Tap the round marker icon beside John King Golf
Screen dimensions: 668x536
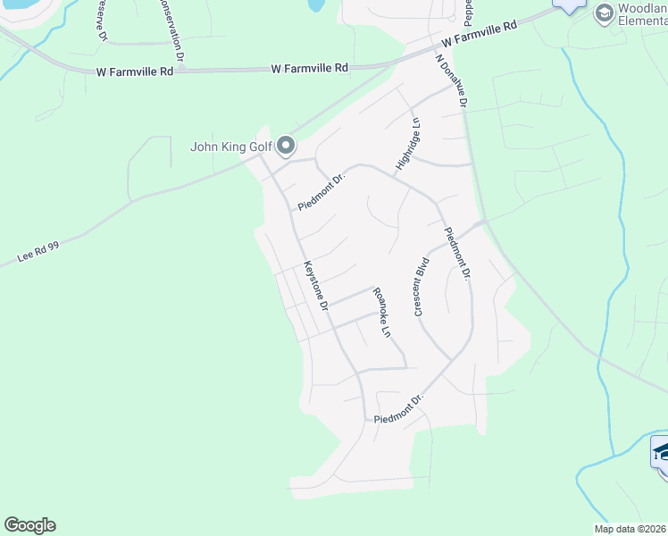tap(286, 145)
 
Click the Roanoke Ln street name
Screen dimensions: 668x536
tap(381, 312)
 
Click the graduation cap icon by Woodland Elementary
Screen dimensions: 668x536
tap(604, 13)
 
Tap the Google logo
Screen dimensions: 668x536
tap(29, 525)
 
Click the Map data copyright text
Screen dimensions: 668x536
tap(630, 529)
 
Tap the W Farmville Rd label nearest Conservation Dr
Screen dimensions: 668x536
tap(310, 68)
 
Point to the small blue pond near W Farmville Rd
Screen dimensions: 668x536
tap(314, 4)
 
